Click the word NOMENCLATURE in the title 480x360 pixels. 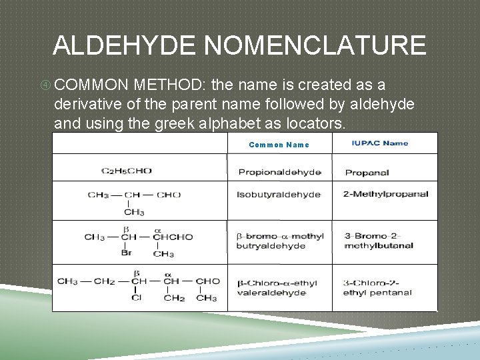pyautogui.click(x=315, y=45)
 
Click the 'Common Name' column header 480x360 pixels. pyautogui.click(x=279, y=145)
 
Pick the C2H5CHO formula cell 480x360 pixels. pyautogui.click(x=127, y=171)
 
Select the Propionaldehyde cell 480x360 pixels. pyautogui.click(x=279, y=172)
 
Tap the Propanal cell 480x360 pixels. pyautogui.click(x=367, y=173)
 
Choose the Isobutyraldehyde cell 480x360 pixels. pyautogui.click(x=279, y=195)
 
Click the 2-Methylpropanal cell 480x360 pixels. pyautogui.click(x=385, y=194)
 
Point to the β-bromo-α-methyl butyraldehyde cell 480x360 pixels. pyautogui.click(x=279, y=241)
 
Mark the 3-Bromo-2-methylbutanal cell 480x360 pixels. pyautogui.click(x=378, y=241)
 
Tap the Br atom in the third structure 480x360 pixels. pyautogui.click(x=126, y=253)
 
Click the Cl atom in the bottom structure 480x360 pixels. pyautogui.click(x=136, y=297)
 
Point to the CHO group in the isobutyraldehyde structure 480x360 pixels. pyautogui.click(x=169, y=195)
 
